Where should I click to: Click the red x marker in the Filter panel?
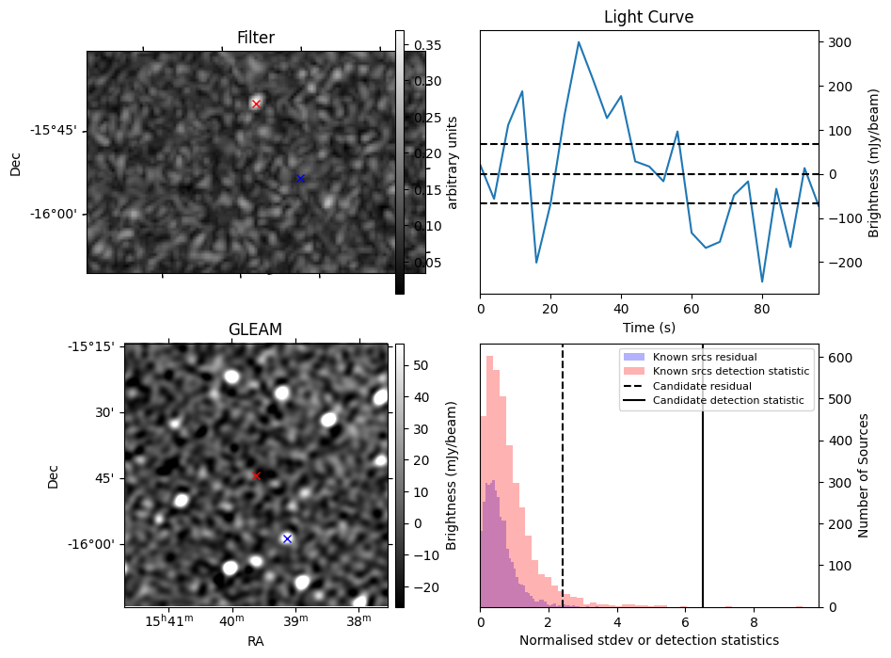(x=256, y=104)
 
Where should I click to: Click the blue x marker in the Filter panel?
(x=300, y=178)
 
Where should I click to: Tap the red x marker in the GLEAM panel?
(x=256, y=475)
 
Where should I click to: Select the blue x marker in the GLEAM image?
(x=287, y=538)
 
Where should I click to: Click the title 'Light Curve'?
(x=649, y=17)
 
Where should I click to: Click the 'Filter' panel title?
(x=256, y=39)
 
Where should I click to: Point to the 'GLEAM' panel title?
(x=255, y=329)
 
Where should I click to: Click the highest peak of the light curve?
(x=579, y=41)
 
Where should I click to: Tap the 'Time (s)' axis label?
(x=649, y=328)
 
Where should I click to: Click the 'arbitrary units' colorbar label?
(x=453, y=162)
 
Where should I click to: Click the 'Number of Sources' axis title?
(x=864, y=475)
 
